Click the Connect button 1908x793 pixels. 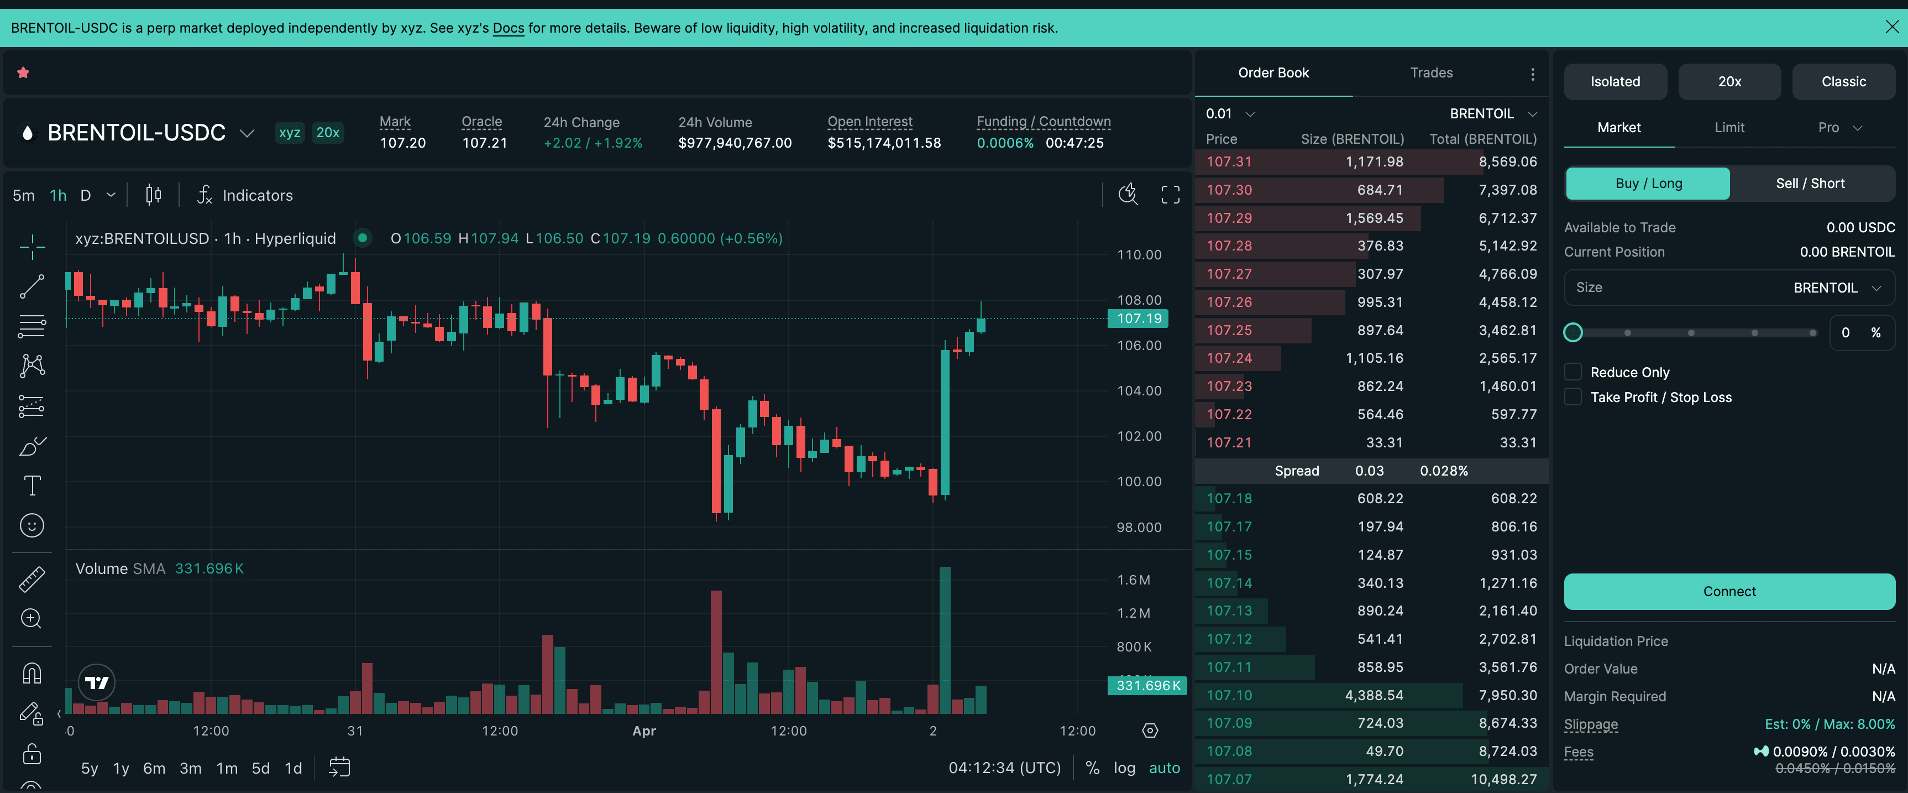[1729, 591]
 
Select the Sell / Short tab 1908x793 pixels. [1810, 183]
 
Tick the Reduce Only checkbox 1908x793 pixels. [1573, 372]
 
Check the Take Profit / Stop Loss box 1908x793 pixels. [1573, 397]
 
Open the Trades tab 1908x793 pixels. [1430, 72]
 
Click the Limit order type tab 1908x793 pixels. [1729, 128]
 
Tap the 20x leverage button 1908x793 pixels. [1729, 81]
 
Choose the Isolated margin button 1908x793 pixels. [1615, 81]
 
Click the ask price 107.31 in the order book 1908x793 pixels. [1229, 161]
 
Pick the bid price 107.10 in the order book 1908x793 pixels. [1229, 695]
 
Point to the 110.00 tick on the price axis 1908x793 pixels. [1139, 255]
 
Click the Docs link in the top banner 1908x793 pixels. [508, 28]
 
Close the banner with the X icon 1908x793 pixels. [1891, 28]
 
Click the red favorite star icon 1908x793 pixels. [24, 72]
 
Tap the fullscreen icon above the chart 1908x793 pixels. [1170, 195]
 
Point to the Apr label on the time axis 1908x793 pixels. [644, 731]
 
